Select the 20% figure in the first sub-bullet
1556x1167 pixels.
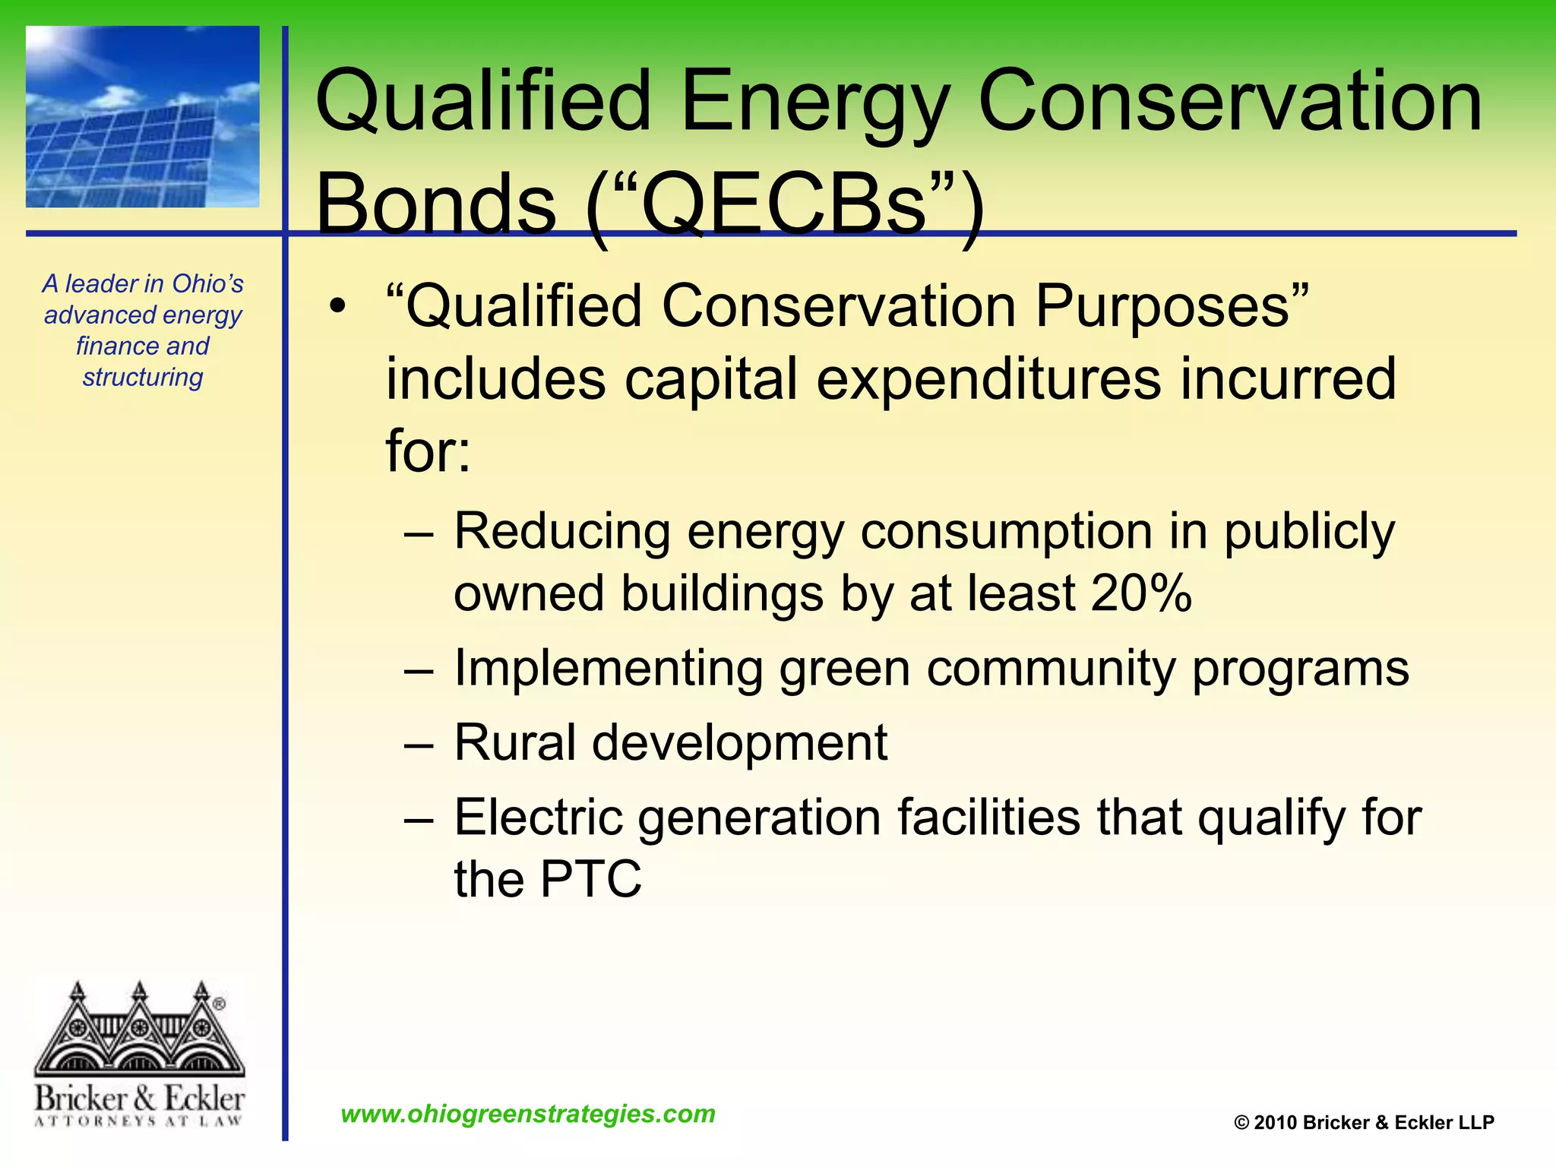click(1140, 593)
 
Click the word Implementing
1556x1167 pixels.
click(608, 669)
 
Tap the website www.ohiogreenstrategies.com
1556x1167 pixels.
click(528, 1114)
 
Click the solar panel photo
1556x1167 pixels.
click(143, 117)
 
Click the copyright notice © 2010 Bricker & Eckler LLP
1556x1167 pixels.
click(1364, 1122)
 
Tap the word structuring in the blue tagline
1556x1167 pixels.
click(143, 377)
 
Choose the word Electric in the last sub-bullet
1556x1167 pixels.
click(539, 818)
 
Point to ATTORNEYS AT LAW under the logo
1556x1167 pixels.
click(139, 1121)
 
